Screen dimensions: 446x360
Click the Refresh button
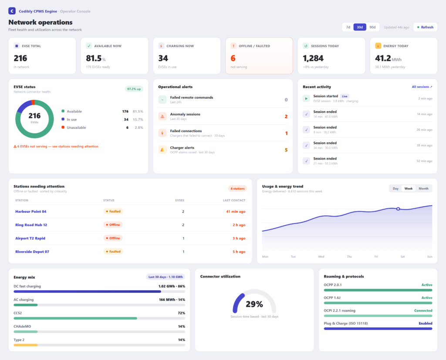(x=425, y=27)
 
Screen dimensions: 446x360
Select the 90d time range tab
(x=372, y=27)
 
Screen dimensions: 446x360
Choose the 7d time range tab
(x=348, y=27)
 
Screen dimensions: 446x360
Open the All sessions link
(x=422, y=87)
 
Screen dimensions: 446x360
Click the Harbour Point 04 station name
(x=31, y=211)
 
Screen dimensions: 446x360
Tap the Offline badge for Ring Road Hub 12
(x=113, y=225)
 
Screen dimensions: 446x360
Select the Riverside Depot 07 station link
(x=32, y=251)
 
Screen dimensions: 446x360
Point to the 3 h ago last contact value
(x=239, y=238)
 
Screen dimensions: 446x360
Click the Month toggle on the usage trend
(x=423, y=188)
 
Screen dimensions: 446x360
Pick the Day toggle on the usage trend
(x=395, y=188)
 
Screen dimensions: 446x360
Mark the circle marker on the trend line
(x=398, y=209)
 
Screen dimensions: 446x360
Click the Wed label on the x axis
(x=321, y=257)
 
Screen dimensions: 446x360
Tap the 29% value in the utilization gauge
(x=254, y=304)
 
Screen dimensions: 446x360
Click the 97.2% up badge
(x=134, y=89)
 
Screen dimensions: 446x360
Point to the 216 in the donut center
(x=34, y=116)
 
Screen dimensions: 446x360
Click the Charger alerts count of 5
(x=286, y=150)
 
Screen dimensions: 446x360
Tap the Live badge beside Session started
(x=345, y=96)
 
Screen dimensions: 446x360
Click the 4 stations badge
(x=237, y=188)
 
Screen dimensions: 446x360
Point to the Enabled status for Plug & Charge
(x=425, y=323)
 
